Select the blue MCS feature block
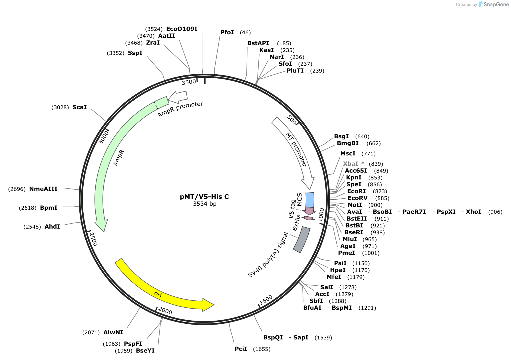(x=310, y=200)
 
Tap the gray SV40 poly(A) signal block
(x=302, y=240)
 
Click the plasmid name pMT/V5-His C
(x=204, y=197)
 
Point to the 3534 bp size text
(x=205, y=204)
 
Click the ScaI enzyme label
(x=80, y=107)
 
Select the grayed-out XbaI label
(x=351, y=164)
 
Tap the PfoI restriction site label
(x=227, y=32)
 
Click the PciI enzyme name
(x=241, y=349)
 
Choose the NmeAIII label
(x=43, y=189)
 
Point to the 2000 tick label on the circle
(x=165, y=311)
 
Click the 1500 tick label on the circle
(x=266, y=300)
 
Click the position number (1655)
(x=262, y=349)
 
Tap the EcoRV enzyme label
(x=358, y=198)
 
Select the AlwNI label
(x=113, y=332)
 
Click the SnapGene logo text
(x=496, y=4)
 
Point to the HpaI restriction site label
(x=338, y=270)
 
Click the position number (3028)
(x=60, y=107)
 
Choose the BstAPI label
(x=258, y=43)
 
